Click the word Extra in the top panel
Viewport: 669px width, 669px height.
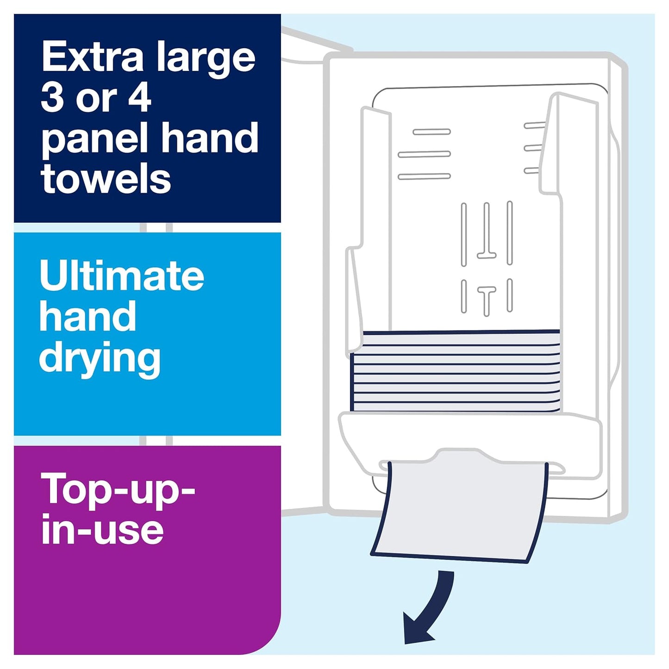pyautogui.click(x=93, y=57)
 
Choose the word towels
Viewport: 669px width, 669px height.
pyautogui.click(x=106, y=179)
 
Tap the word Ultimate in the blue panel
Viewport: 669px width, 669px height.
pyautogui.click(x=122, y=275)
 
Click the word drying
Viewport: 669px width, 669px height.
pyautogui.click(x=100, y=359)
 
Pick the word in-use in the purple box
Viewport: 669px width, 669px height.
pyautogui.click(x=102, y=530)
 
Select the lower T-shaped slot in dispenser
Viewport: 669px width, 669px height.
pyautogui.click(x=487, y=299)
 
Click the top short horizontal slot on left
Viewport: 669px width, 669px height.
pyautogui.click(x=431, y=132)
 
